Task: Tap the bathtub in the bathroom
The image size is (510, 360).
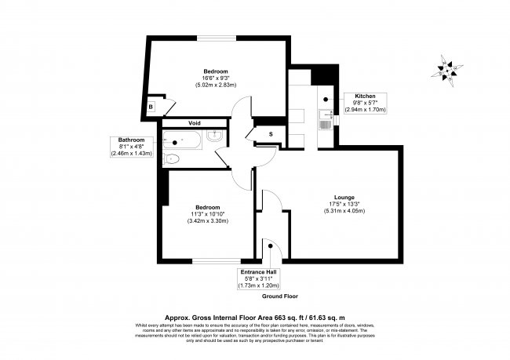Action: [181, 142]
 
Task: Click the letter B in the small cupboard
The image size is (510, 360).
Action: [151, 107]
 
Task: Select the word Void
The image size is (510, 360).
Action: [194, 123]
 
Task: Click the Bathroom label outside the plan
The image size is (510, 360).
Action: [126, 140]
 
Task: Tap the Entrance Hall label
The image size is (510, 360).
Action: [263, 271]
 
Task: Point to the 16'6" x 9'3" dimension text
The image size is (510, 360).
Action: [216, 78]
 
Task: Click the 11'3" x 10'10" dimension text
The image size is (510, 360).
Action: [207, 213]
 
